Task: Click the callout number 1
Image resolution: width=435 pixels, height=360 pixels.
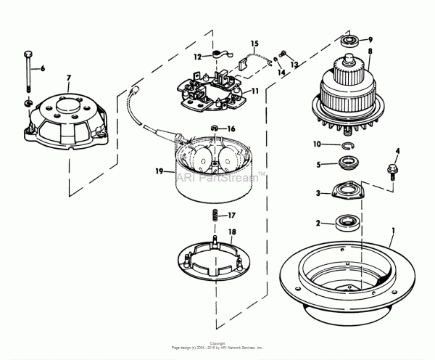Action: [x=394, y=232]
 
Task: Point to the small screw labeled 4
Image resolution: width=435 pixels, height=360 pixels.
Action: [x=392, y=171]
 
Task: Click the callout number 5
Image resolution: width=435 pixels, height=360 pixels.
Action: [x=318, y=165]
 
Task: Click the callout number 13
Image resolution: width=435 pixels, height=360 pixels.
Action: [x=294, y=65]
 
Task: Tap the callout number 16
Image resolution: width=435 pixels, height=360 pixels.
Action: [x=231, y=128]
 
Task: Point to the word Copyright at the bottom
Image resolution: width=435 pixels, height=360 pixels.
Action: [x=217, y=343]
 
